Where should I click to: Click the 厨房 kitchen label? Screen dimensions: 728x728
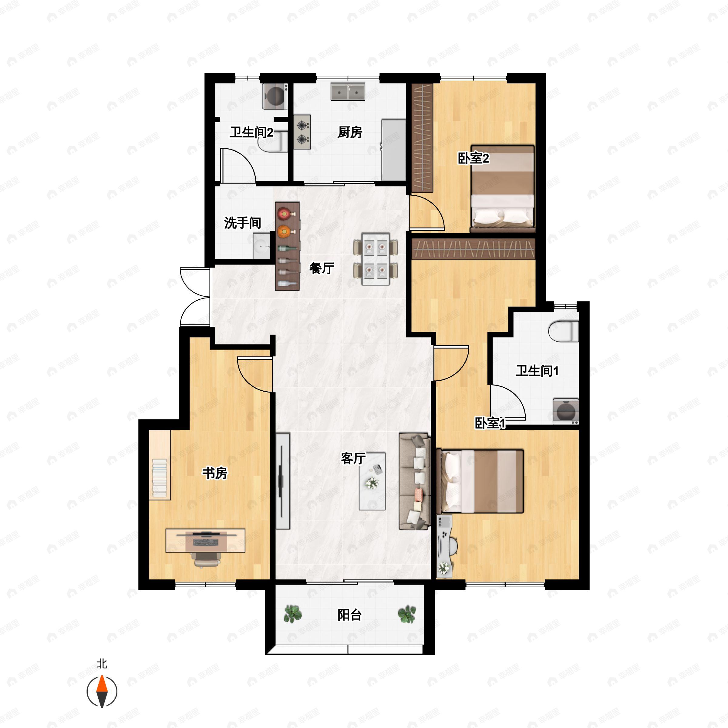pyautogui.click(x=350, y=132)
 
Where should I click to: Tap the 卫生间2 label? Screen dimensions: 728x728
pyautogui.click(x=251, y=132)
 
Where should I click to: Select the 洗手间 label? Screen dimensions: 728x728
pyautogui.click(x=243, y=223)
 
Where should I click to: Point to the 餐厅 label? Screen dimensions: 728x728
pyautogui.click(x=322, y=268)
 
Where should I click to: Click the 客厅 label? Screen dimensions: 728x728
pyautogui.click(x=353, y=458)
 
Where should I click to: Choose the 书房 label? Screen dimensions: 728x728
pyautogui.click(x=215, y=473)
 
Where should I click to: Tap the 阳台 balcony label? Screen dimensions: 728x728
pyautogui.click(x=349, y=615)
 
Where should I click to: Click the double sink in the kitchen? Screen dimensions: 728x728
pyautogui.click(x=348, y=92)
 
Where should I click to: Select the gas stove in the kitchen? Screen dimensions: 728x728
pyautogui.click(x=302, y=132)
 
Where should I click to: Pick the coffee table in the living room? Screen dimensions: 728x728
pyautogui.click(x=372, y=481)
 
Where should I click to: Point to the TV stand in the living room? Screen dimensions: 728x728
pyautogui.click(x=283, y=481)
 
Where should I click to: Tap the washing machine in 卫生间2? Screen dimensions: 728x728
pyautogui.click(x=275, y=96)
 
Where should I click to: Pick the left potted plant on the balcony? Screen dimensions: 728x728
pyautogui.click(x=292, y=614)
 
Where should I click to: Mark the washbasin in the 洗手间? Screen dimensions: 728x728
pyautogui.click(x=261, y=246)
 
